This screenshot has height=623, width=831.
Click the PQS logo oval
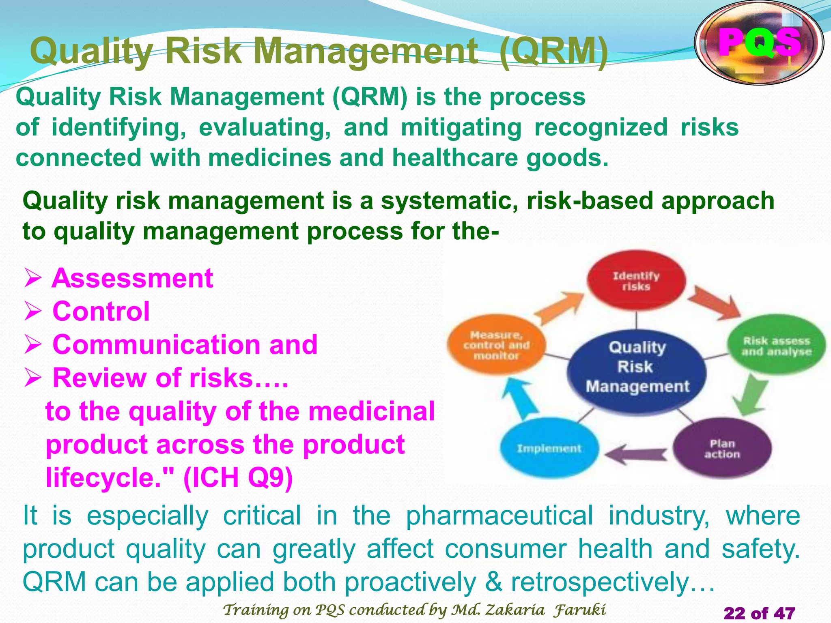759,43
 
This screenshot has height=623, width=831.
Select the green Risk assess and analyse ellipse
776,346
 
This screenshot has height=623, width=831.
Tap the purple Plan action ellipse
722,448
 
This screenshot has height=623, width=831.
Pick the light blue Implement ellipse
549,448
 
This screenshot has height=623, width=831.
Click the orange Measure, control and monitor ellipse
496,345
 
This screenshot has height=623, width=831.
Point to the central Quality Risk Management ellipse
637,367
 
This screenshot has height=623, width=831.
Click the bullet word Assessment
132,278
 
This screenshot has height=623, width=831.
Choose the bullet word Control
101,311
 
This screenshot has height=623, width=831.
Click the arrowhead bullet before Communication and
33,345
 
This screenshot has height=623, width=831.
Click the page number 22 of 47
759,612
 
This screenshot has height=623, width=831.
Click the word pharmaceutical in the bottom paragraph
499,516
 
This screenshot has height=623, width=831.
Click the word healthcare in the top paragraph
455,158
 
